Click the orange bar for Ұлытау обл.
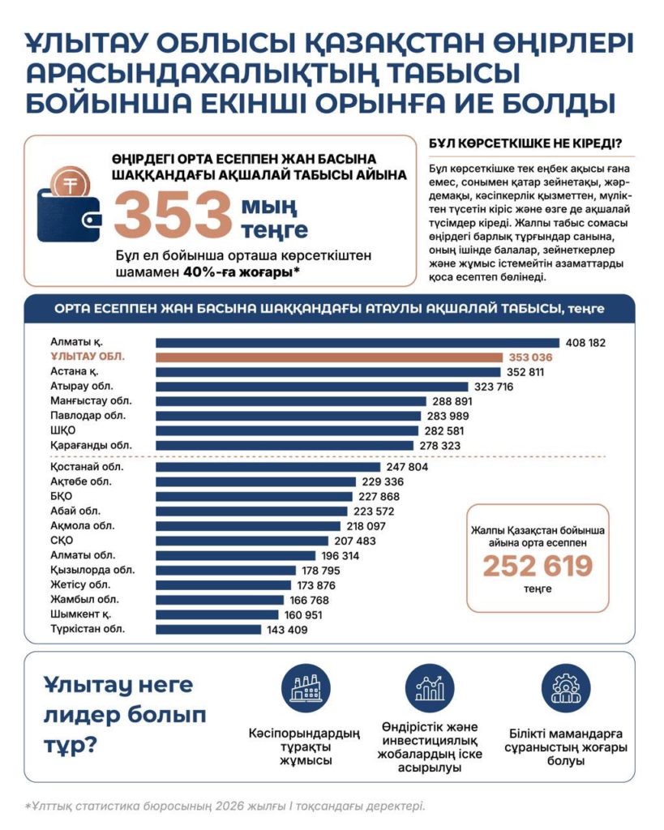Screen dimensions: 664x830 pos(329,357)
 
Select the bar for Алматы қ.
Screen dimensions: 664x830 pos(358,343)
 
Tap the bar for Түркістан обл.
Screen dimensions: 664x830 pos(208,629)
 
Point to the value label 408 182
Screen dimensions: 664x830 pos(585,343)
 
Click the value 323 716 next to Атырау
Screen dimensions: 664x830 pos(494,387)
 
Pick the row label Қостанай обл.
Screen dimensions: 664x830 pos(87,467)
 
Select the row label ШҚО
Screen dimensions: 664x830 pos(63,430)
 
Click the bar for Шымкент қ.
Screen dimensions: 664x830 pos(217,615)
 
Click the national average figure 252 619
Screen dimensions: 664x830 pos(538,566)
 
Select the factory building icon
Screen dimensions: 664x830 pos(306,687)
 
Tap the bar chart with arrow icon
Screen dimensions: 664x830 pos(430,687)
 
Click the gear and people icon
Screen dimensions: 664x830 pos(566,687)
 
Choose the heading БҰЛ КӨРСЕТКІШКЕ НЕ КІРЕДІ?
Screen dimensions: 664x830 pos(525,143)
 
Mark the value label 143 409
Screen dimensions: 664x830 pos(287,630)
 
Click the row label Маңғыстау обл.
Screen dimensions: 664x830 pos(91,400)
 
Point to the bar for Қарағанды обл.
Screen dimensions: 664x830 pos(285,446)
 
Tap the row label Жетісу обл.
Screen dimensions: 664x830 pos(80,585)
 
